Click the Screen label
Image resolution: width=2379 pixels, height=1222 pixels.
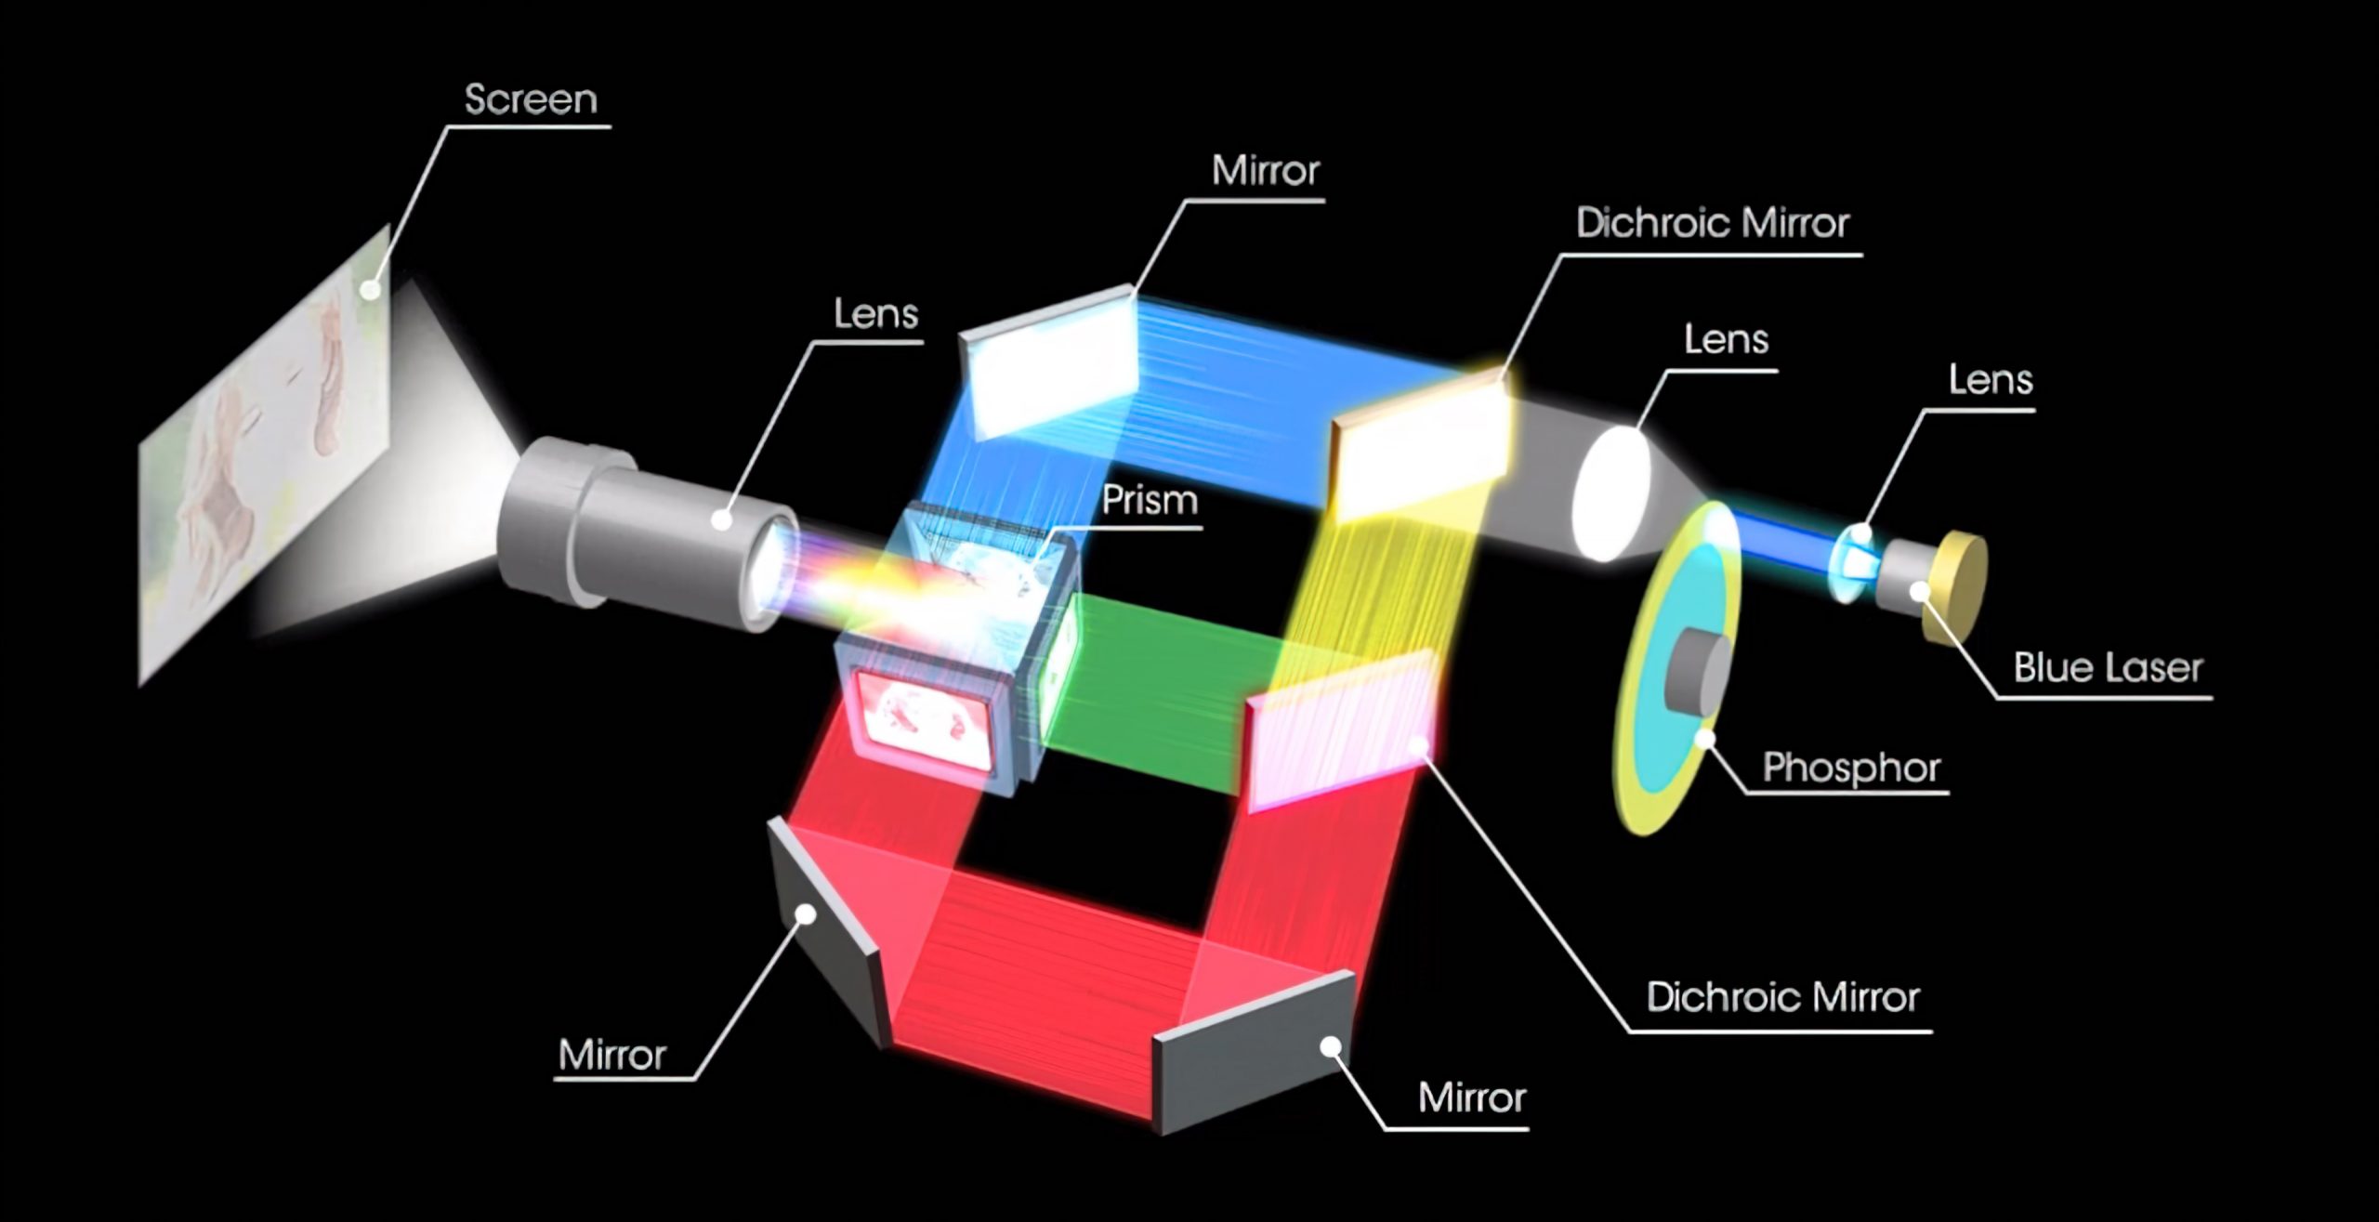[x=531, y=99]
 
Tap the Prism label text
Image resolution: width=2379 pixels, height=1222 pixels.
[x=1150, y=501]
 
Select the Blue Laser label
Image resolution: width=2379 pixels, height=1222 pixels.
[x=2108, y=668]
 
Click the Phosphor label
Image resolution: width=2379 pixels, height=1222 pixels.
[x=1851, y=768]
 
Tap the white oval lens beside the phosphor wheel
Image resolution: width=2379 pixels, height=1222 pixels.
[x=1610, y=493]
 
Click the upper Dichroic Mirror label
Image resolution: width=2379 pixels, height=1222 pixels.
[x=1712, y=223]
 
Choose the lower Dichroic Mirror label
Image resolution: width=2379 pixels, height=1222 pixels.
[x=1782, y=997]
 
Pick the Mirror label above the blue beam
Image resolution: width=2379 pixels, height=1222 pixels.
[x=1265, y=171]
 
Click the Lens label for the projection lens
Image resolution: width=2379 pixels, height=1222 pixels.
[x=875, y=314]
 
